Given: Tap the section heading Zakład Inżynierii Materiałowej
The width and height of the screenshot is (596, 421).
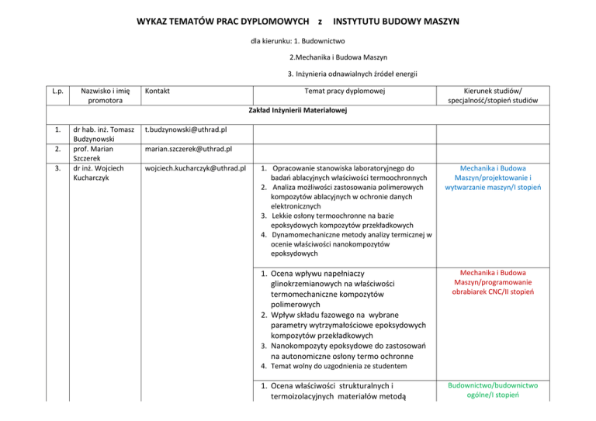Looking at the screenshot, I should click(x=297, y=111).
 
